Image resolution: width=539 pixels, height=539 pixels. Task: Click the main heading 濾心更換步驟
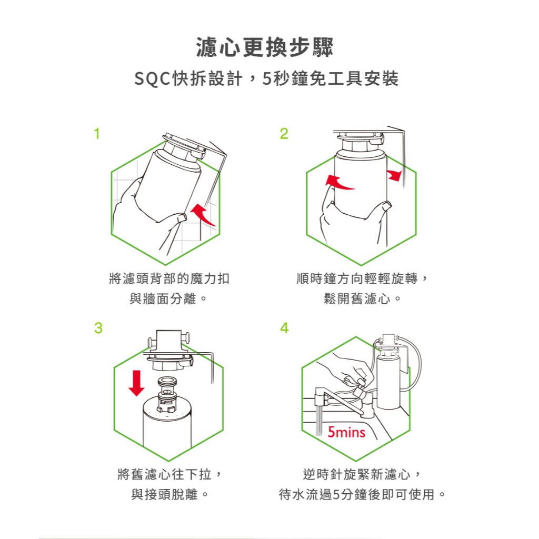coord(265,47)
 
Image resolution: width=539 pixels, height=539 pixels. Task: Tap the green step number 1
coord(97,134)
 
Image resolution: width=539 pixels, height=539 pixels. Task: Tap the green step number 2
coord(284,134)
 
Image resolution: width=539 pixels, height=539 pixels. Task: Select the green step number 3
coord(98,328)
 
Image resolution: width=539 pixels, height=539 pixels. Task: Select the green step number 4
coord(284,328)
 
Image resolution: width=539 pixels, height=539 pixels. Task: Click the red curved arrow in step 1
coord(204,215)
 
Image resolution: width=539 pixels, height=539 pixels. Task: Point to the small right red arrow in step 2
coord(395,175)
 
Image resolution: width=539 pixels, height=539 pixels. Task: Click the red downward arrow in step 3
coord(136,383)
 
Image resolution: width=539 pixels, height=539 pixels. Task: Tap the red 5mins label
coord(346,432)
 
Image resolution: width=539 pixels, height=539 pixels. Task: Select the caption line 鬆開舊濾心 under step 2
coord(362,299)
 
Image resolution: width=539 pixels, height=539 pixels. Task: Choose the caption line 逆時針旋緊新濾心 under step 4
coord(362,474)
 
